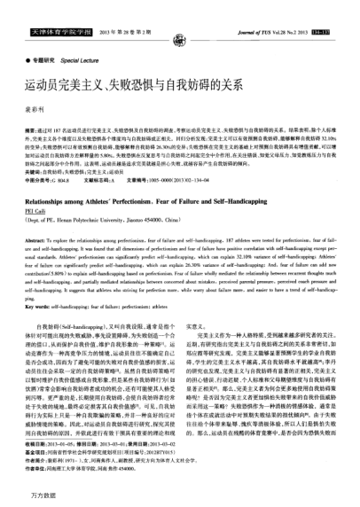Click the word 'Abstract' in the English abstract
click(x=35, y=241)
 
